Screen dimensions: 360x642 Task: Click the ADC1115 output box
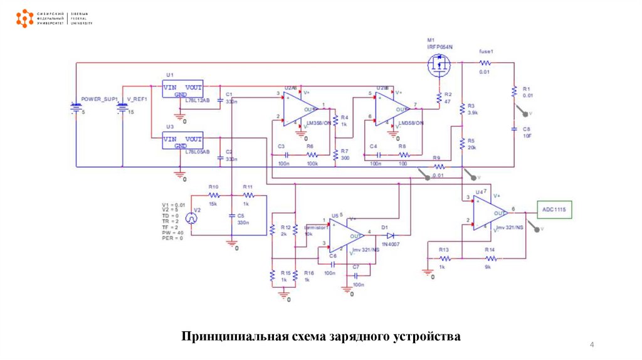point(554,210)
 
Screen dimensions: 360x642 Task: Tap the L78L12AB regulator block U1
point(183,90)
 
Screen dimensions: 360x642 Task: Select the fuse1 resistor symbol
point(485,63)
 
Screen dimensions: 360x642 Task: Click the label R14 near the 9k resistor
point(490,250)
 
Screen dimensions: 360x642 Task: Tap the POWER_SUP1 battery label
point(100,99)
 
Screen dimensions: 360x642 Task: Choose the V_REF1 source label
point(137,99)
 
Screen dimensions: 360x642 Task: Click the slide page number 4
point(591,346)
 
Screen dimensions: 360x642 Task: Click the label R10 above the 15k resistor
point(214,187)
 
